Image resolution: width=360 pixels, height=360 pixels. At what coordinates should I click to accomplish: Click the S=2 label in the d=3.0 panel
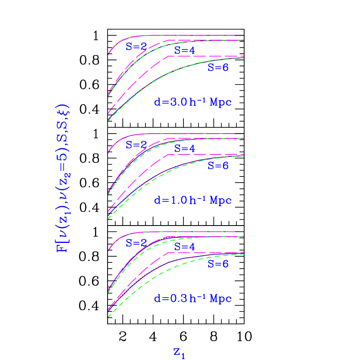(x=136, y=47)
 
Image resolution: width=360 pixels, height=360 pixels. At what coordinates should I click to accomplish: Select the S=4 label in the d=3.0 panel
(x=185, y=50)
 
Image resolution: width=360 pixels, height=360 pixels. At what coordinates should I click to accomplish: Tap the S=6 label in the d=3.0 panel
(x=218, y=67)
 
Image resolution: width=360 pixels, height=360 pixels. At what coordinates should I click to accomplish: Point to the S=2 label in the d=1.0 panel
(x=136, y=145)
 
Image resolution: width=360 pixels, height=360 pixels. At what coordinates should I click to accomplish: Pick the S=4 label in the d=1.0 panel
(x=185, y=149)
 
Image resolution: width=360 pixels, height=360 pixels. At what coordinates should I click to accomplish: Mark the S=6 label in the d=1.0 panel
(x=218, y=165)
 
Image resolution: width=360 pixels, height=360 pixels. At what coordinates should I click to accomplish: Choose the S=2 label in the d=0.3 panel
(x=136, y=243)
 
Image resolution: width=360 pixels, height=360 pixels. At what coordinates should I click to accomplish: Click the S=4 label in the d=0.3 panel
(x=185, y=247)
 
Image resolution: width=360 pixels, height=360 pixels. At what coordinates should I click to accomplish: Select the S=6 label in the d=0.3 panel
(x=218, y=264)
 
